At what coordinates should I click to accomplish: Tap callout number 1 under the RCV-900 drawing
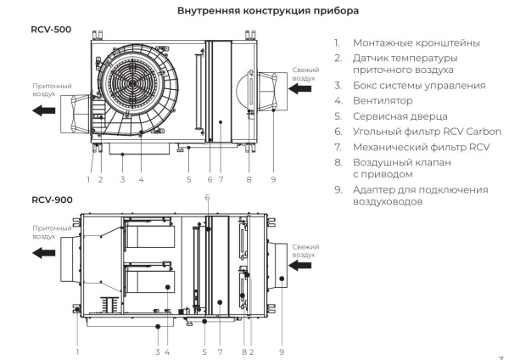(x=78, y=351)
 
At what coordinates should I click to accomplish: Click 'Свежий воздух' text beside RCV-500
(x=305, y=73)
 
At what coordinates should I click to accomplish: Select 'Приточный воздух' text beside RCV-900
(x=50, y=232)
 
